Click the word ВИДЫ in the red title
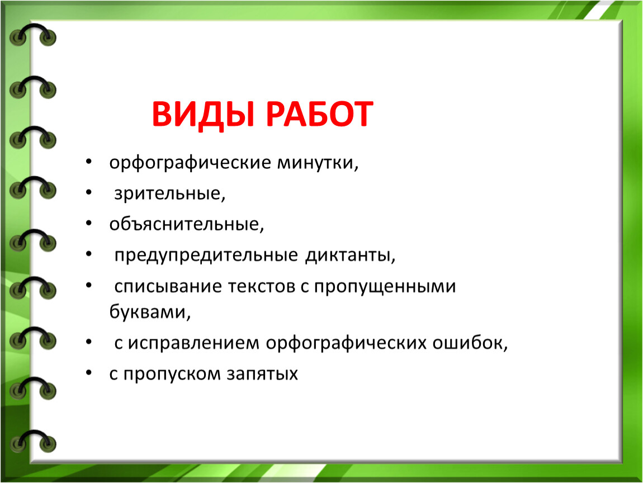(x=203, y=115)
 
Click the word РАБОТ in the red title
(x=320, y=114)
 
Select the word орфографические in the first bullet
(x=190, y=163)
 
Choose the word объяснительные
(x=187, y=224)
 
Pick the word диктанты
(x=350, y=255)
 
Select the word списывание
(x=168, y=286)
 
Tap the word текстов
(x=262, y=287)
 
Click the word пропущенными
(x=385, y=287)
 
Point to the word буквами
(x=150, y=312)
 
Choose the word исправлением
(x=193, y=343)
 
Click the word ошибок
(x=470, y=343)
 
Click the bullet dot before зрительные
(x=89, y=192)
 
